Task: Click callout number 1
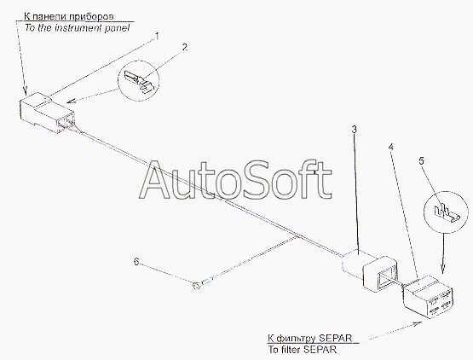[x=157, y=37]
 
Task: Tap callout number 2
[x=185, y=48]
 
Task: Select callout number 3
[x=355, y=130]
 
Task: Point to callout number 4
[x=391, y=147]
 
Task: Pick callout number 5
[x=421, y=161]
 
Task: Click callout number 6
[x=136, y=262]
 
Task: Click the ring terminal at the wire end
[x=196, y=285]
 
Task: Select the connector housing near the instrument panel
[x=47, y=113]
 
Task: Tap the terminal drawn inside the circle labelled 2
[x=138, y=81]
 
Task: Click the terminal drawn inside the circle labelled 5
[x=447, y=213]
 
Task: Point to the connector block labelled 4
[x=428, y=297]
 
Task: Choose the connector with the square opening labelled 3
[x=370, y=270]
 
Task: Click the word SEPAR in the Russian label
[x=335, y=338]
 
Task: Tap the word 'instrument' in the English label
[x=79, y=28]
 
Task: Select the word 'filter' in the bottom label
[x=291, y=350]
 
